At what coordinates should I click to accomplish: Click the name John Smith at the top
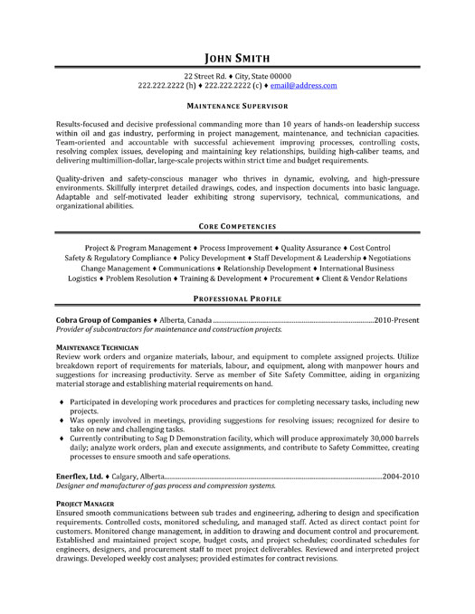tap(237, 52)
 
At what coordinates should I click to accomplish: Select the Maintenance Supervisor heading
tap(237, 106)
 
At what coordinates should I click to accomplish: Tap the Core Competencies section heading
tap(237, 225)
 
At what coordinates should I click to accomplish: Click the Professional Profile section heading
tap(237, 298)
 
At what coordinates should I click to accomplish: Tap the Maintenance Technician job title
tap(97, 347)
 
